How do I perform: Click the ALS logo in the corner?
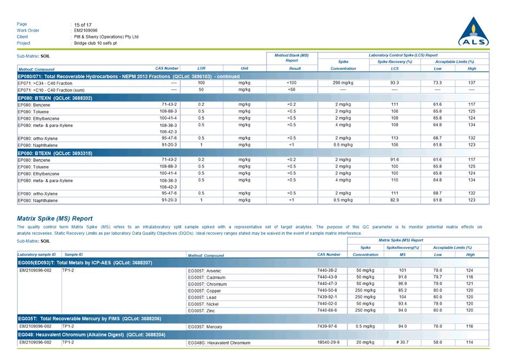tap(473, 33)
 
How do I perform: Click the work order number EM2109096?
tap(86, 30)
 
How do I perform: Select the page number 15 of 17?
tap(83, 25)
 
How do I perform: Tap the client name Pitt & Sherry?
tap(106, 37)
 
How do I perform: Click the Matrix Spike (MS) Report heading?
tap(55, 218)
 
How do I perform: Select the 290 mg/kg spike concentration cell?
tap(343, 83)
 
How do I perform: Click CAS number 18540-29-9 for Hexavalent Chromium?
tap(329, 342)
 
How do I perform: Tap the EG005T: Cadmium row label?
tap(207, 278)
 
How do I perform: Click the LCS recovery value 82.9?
tap(394, 200)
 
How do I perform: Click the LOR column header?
tap(201, 68)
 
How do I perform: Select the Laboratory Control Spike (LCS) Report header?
tap(403, 55)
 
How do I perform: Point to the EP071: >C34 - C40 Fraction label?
tap(45, 83)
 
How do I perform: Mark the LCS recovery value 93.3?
tap(394, 83)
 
